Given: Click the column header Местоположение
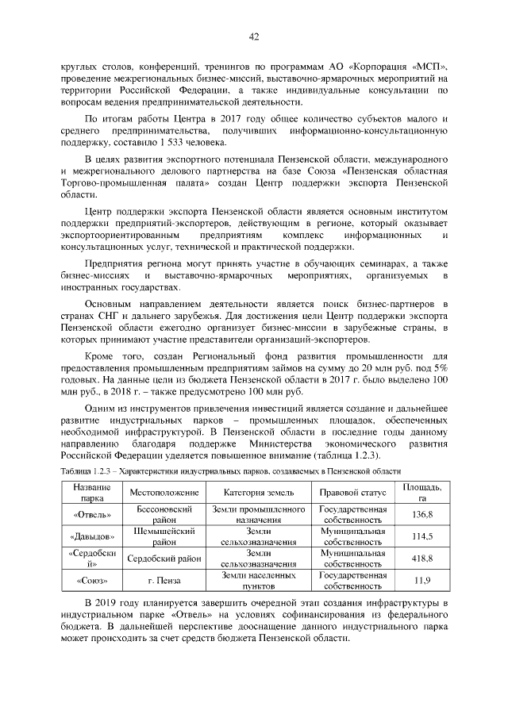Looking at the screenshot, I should pos(161,492).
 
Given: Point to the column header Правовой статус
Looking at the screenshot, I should pos(352,492).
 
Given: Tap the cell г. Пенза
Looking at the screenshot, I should pos(161,580).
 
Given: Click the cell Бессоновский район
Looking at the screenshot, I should pos(161,515).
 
